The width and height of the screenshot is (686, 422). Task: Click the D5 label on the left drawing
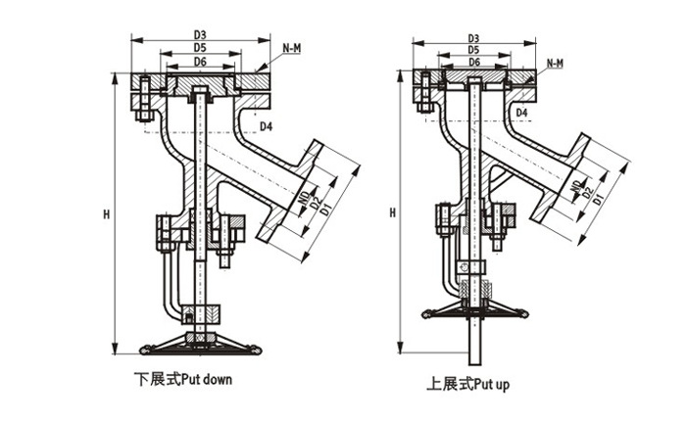pos(199,47)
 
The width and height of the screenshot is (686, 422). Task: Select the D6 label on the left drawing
pos(199,62)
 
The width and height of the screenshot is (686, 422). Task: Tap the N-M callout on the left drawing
pos(291,48)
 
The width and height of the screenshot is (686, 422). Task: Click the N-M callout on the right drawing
pos(554,64)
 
